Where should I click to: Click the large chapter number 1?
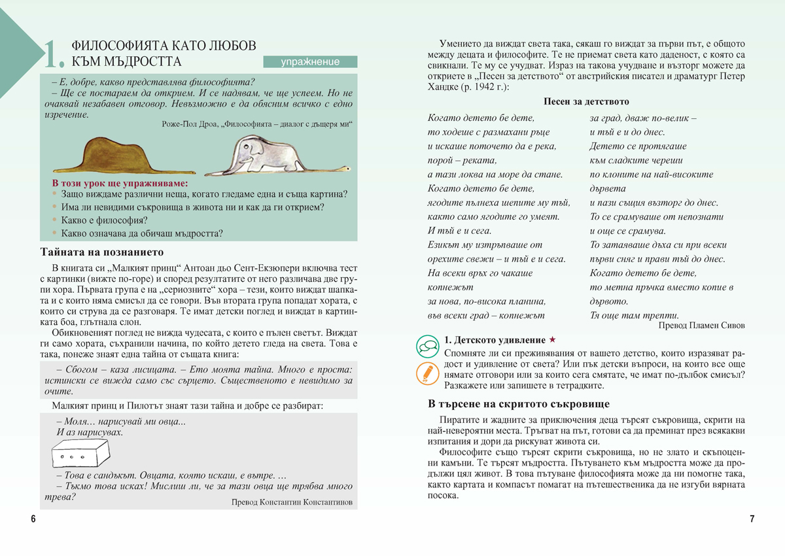coord(52,55)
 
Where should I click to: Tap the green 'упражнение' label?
coord(310,62)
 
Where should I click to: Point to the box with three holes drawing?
coord(80,452)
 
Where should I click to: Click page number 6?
coord(33,519)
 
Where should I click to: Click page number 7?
coord(752,519)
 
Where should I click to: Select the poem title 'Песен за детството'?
coord(586,102)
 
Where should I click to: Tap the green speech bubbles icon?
coord(427,346)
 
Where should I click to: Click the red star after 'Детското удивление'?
coord(552,340)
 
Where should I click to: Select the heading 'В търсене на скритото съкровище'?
coord(518,403)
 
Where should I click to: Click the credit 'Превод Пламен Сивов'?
coord(701,325)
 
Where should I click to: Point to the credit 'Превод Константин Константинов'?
coord(292,502)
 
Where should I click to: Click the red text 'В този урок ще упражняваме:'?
coord(120,183)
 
